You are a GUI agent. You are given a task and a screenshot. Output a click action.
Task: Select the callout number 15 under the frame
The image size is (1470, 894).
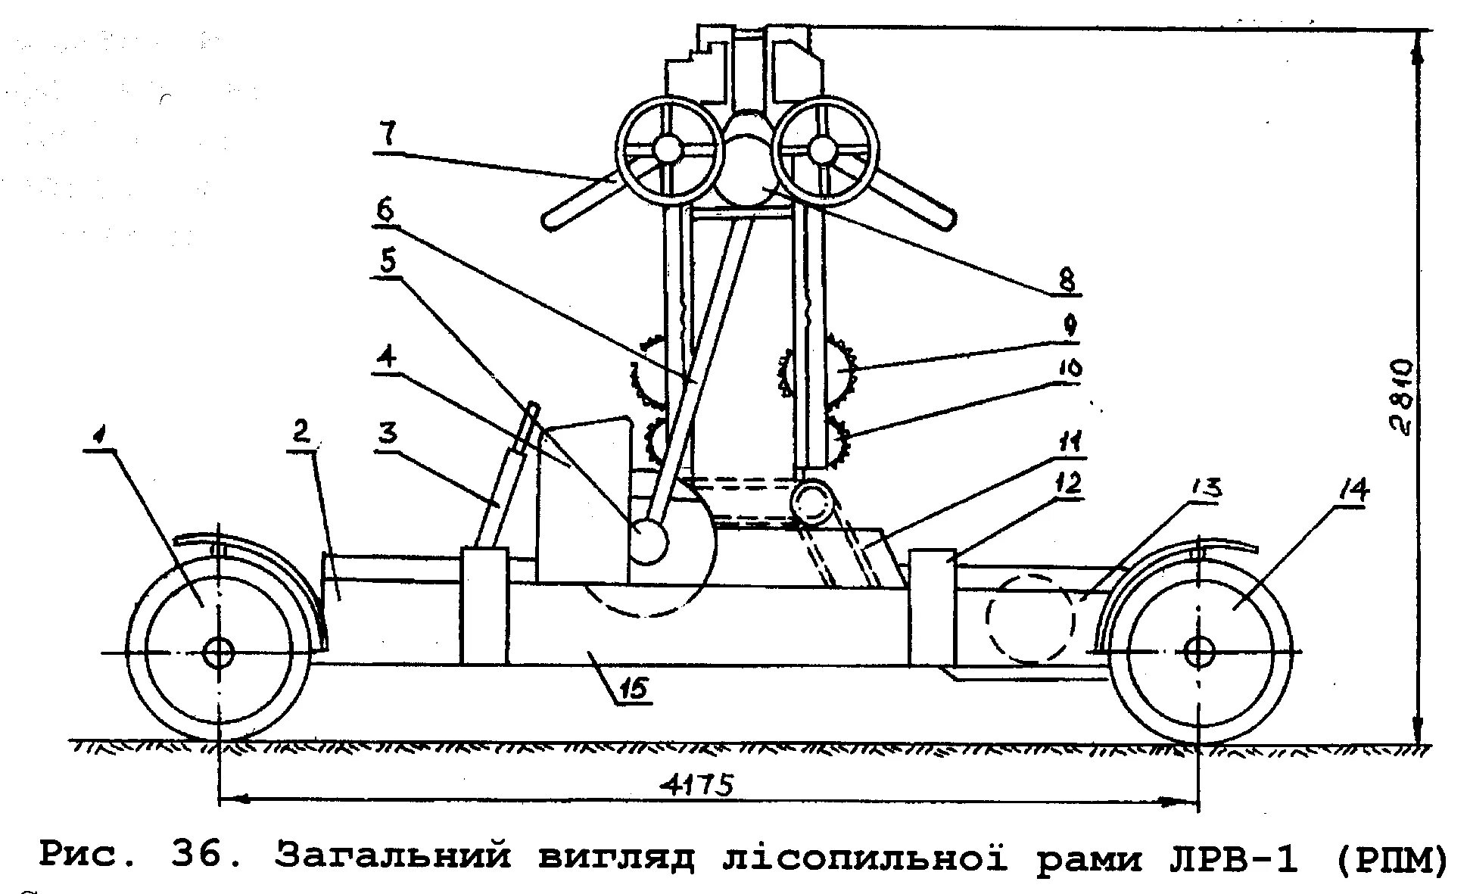point(634,688)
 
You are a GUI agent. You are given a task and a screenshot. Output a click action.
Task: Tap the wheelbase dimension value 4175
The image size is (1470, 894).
point(701,784)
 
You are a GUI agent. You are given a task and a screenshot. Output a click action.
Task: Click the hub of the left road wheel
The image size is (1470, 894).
point(219,652)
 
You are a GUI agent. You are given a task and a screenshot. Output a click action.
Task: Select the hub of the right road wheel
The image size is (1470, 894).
point(1198,652)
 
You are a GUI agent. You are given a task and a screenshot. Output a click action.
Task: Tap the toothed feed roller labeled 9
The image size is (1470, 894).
point(839,369)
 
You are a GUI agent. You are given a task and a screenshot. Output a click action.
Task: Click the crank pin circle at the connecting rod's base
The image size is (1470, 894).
point(648,541)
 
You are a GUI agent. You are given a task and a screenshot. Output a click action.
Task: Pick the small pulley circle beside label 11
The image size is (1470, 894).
point(811,503)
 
